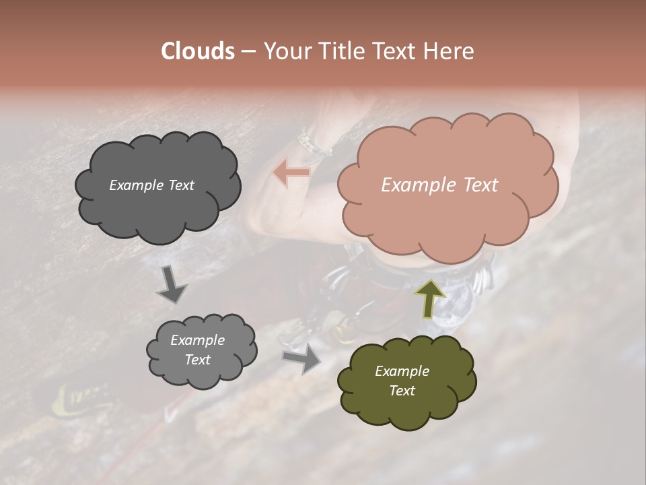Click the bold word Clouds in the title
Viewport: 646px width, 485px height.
pos(199,51)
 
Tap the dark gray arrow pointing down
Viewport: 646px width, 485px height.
pos(172,285)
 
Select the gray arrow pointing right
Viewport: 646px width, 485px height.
pos(302,358)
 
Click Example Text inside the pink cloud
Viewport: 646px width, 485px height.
pos(439,185)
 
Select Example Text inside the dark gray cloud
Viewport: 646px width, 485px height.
pos(151,185)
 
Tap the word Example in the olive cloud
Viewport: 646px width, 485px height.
pos(402,371)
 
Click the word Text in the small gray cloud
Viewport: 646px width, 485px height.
pos(197,360)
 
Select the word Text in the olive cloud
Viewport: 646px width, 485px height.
pos(402,391)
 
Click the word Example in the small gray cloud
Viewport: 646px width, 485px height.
pos(197,340)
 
